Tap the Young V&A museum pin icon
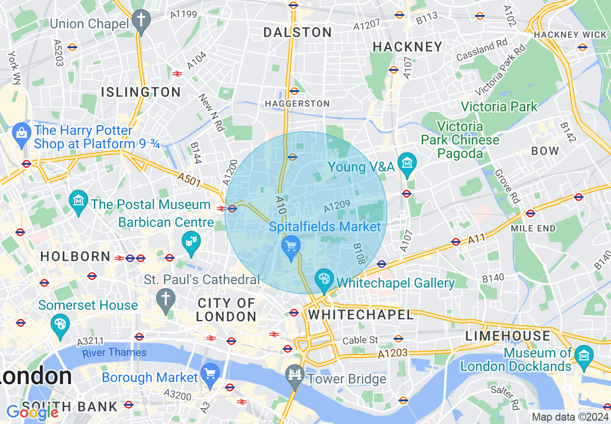tap(408, 164)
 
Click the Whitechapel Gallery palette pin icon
tap(324, 279)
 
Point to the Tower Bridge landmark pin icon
tap(294, 375)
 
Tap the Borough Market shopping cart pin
tap(210, 374)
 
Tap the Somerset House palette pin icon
tap(60, 324)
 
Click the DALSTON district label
tap(298, 33)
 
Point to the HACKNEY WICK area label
tap(570, 35)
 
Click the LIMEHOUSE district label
tap(507, 336)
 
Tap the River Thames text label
tap(114, 353)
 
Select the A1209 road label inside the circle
tap(337, 206)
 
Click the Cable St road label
tap(360, 340)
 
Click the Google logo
tap(32, 412)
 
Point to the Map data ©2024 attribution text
tap(570, 417)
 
